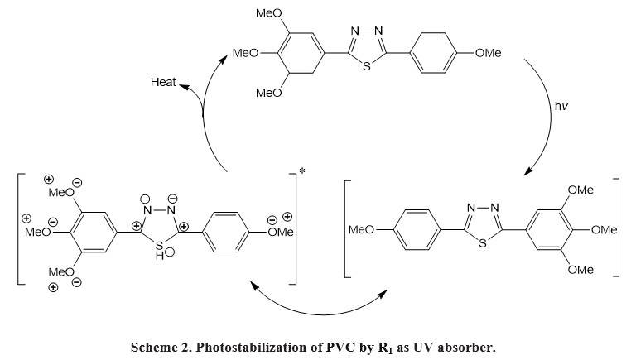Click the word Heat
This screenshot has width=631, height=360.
[163, 82]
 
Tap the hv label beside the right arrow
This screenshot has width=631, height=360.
[561, 106]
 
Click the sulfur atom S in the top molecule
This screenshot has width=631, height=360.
[367, 66]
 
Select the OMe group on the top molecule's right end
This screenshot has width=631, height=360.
[488, 53]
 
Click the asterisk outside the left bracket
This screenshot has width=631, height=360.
[302, 171]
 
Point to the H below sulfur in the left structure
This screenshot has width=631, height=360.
[160, 256]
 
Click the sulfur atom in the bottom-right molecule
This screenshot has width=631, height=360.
[483, 243]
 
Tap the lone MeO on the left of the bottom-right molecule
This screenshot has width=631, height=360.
[361, 230]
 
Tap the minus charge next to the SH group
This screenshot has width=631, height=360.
[170, 252]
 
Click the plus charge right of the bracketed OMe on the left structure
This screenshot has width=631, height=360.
[287, 217]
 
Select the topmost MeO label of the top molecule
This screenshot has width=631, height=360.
[269, 13]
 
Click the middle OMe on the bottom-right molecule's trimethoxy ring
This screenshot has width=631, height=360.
[604, 230]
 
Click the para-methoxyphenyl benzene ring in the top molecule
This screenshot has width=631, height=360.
[433, 53]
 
